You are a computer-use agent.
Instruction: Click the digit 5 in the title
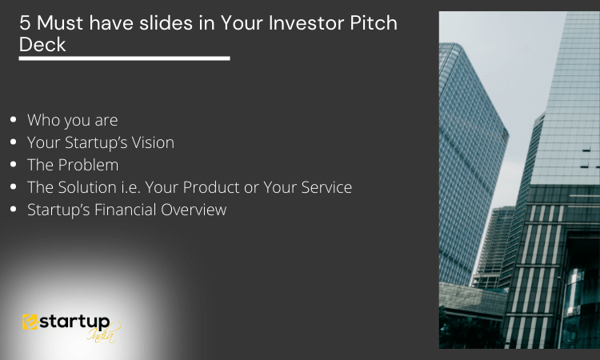pos(25,23)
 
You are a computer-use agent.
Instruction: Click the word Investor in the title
pos(306,23)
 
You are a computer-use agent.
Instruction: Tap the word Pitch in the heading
pos(374,23)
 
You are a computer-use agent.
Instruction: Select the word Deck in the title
pos(42,44)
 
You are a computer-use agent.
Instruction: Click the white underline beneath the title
pos(124,58)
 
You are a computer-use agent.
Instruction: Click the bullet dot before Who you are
pos(14,120)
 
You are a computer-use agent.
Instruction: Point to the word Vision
pos(153,142)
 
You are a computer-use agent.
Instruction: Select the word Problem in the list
pos(88,165)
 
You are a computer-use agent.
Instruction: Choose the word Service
pos(326,187)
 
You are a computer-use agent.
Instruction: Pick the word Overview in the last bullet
pos(194,210)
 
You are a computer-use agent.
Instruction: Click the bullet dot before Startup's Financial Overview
pos(14,210)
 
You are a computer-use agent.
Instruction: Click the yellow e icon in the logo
pos(30,322)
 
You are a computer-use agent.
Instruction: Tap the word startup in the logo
pos(74,322)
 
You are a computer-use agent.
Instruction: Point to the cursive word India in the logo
pos(102,334)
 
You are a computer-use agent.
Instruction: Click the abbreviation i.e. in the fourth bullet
pos(130,187)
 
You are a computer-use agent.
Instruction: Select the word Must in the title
pos(60,23)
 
